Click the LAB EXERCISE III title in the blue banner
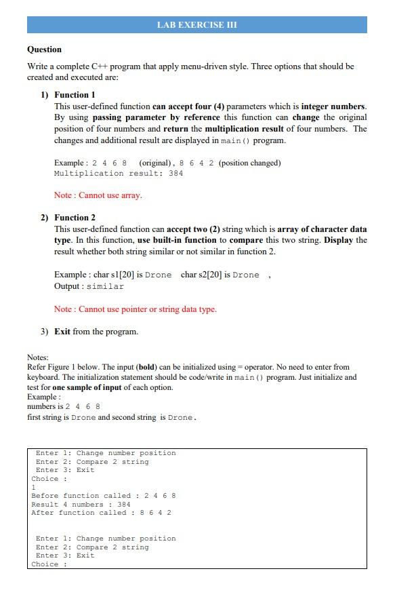(x=196, y=25)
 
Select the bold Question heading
(x=44, y=50)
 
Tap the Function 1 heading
(x=75, y=95)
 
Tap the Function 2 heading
(x=75, y=218)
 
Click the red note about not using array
(x=98, y=195)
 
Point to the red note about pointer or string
(x=136, y=309)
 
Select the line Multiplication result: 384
(x=119, y=174)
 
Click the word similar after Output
(x=105, y=287)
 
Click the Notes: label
(x=38, y=357)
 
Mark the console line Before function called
(x=104, y=496)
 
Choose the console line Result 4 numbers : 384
(x=81, y=505)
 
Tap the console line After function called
(x=101, y=513)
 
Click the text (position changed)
(x=249, y=163)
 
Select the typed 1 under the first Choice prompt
(x=34, y=488)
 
